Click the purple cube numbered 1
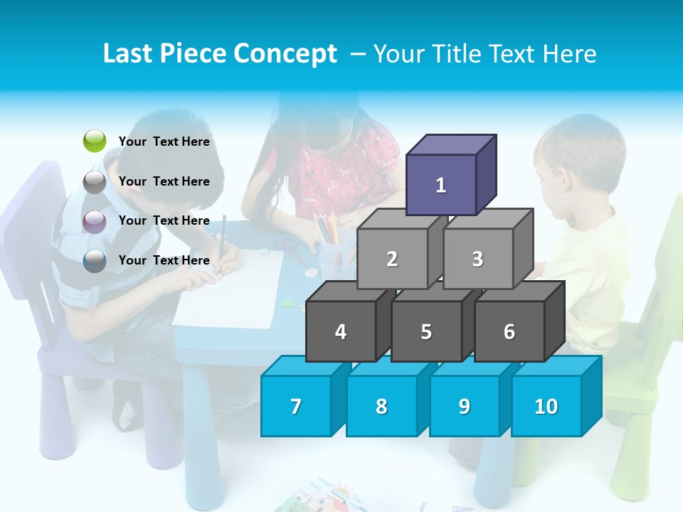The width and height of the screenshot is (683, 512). click(441, 185)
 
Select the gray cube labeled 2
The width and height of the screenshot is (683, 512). click(392, 259)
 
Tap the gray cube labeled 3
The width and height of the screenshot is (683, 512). click(477, 259)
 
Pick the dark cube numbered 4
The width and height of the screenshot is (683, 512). click(341, 331)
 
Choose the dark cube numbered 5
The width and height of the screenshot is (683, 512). click(426, 331)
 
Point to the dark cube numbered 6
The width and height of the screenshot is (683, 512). click(509, 331)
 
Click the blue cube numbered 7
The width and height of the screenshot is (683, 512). click(296, 406)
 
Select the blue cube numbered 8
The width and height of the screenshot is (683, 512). click(381, 406)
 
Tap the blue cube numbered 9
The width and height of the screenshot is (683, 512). click(464, 406)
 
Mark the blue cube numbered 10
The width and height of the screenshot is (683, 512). click(546, 406)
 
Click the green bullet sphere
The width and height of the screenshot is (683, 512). click(95, 142)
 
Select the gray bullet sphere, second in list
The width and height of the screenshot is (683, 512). click(95, 181)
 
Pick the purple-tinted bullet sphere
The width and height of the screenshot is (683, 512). click(95, 221)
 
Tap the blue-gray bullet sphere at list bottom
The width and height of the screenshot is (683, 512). click(95, 261)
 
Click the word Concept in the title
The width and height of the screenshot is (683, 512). click(286, 54)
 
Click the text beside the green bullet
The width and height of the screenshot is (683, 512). click(164, 142)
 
